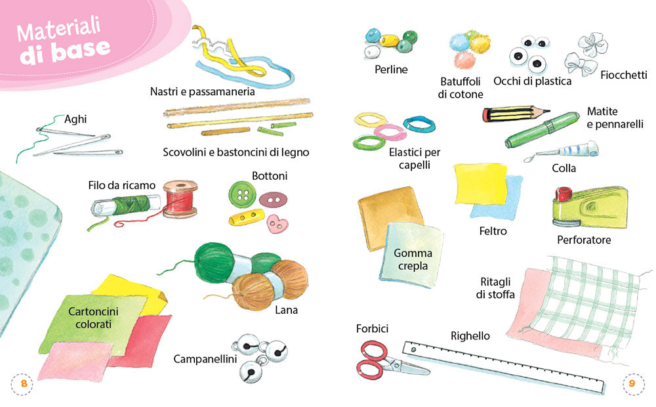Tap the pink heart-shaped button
click(276, 223)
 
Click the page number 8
click(24, 383)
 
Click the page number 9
click(632, 383)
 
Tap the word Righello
click(470, 336)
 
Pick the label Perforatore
click(583, 240)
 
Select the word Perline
click(391, 70)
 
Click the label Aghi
click(75, 119)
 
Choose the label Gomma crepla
click(412, 259)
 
